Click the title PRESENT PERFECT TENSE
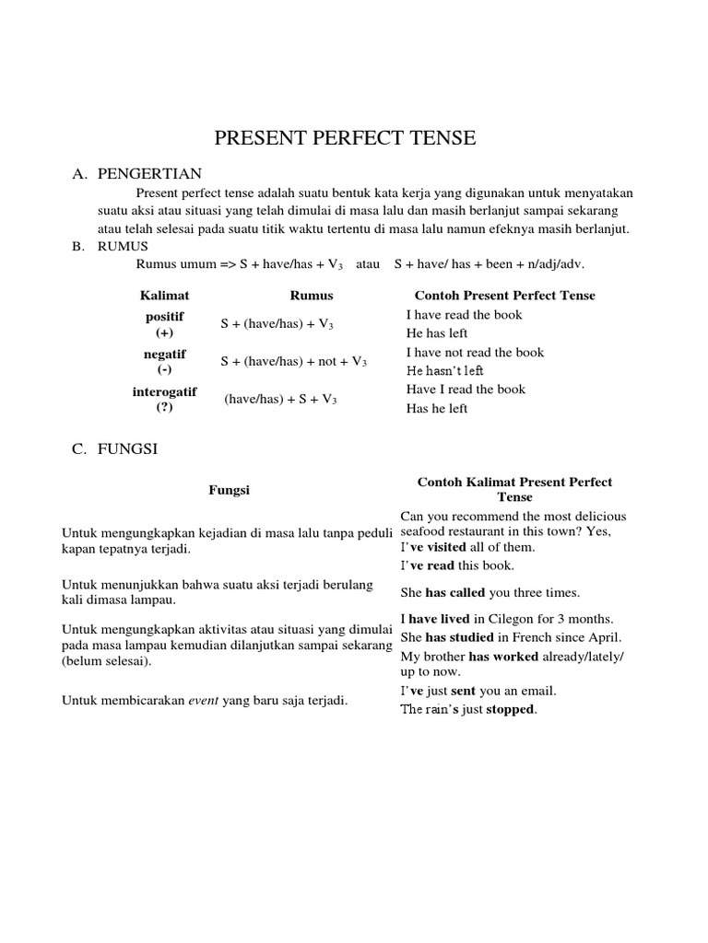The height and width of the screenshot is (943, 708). (345, 139)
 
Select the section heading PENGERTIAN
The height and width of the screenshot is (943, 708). (149, 173)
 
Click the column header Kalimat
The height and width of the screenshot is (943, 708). (164, 296)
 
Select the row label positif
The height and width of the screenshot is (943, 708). (165, 316)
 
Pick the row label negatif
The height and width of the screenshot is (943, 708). (165, 354)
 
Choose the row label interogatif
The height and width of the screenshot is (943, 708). (165, 391)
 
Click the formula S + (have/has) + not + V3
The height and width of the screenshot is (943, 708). (293, 362)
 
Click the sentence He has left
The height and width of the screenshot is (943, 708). (437, 333)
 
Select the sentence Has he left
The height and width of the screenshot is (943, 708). (437, 409)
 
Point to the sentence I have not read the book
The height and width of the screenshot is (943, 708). (475, 353)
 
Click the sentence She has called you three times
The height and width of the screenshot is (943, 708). (490, 593)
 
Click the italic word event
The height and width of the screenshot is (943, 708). (204, 701)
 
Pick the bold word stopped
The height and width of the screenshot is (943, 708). (511, 710)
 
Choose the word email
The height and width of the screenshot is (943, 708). (537, 691)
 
